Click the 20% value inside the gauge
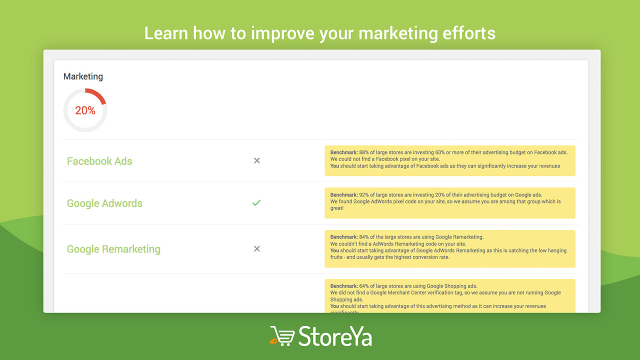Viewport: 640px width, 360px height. click(x=85, y=110)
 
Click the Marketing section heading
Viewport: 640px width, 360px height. click(x=83, y=76)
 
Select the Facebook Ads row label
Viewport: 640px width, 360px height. click(x=99, y=161)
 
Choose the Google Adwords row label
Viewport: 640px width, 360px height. click(x=104, y=203)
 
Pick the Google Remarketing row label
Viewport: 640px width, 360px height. click(x=113, y=249)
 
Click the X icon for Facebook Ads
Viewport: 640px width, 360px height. click(x=256, y=160)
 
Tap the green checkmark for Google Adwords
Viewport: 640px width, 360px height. click(x=256, y=203)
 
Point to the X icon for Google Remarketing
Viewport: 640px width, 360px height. click(x=256, y=248)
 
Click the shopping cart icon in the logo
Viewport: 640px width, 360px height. click(x=281, y=335)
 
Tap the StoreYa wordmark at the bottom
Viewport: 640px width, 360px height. click(x=335, y=336)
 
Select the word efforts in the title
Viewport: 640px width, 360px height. click(x=469, y=33)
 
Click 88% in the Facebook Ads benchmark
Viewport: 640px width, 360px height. click(x=364, y=152)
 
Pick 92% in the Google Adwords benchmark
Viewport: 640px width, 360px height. click(x=364, y=195)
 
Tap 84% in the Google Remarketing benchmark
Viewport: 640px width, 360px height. click(x=364, y=237)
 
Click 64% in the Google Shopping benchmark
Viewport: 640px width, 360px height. click(x=364, y=286)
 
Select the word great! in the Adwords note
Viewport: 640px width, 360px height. click(x=337, y=208)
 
